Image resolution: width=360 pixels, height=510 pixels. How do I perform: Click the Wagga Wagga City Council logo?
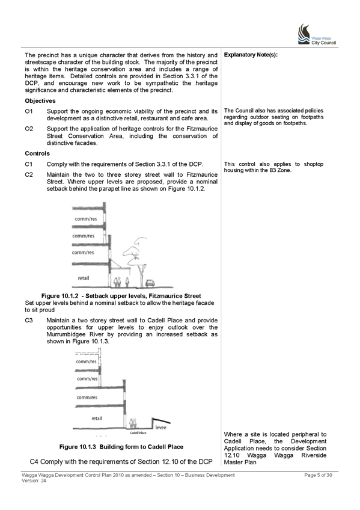(x=317, y=34)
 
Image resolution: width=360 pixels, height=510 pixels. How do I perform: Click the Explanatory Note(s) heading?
(x=251, y=55)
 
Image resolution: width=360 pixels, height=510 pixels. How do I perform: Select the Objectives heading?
(x=40, y=101)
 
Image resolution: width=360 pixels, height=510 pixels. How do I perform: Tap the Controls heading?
(x=37, y=153)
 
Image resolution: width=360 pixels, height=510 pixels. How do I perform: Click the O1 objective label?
(x=29, y=111)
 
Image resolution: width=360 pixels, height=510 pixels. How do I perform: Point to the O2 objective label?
(x=29, y=129)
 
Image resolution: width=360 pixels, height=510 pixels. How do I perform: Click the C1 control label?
(x=29, y=164)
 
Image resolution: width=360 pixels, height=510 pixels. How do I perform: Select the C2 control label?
(x=29, y=174)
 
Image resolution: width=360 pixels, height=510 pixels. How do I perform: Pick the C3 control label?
(x=29, y=321)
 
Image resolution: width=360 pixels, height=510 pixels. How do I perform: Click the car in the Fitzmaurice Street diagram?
(x=150, y=283)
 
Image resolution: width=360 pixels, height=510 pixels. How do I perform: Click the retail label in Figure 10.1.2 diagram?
(x=84, y=278)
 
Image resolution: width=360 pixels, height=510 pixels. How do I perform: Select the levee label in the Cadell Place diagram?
(x=161, y=428)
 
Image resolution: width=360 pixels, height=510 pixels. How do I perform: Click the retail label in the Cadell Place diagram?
(x=97, y=418)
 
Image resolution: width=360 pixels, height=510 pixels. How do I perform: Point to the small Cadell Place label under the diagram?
(x=138, y=433)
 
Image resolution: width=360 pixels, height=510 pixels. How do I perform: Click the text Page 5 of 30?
(x=318, y=475)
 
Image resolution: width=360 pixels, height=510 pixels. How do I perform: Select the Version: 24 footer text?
(x=34, y=481)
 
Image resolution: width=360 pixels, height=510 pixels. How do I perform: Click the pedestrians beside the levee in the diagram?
(x=133, y=423)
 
